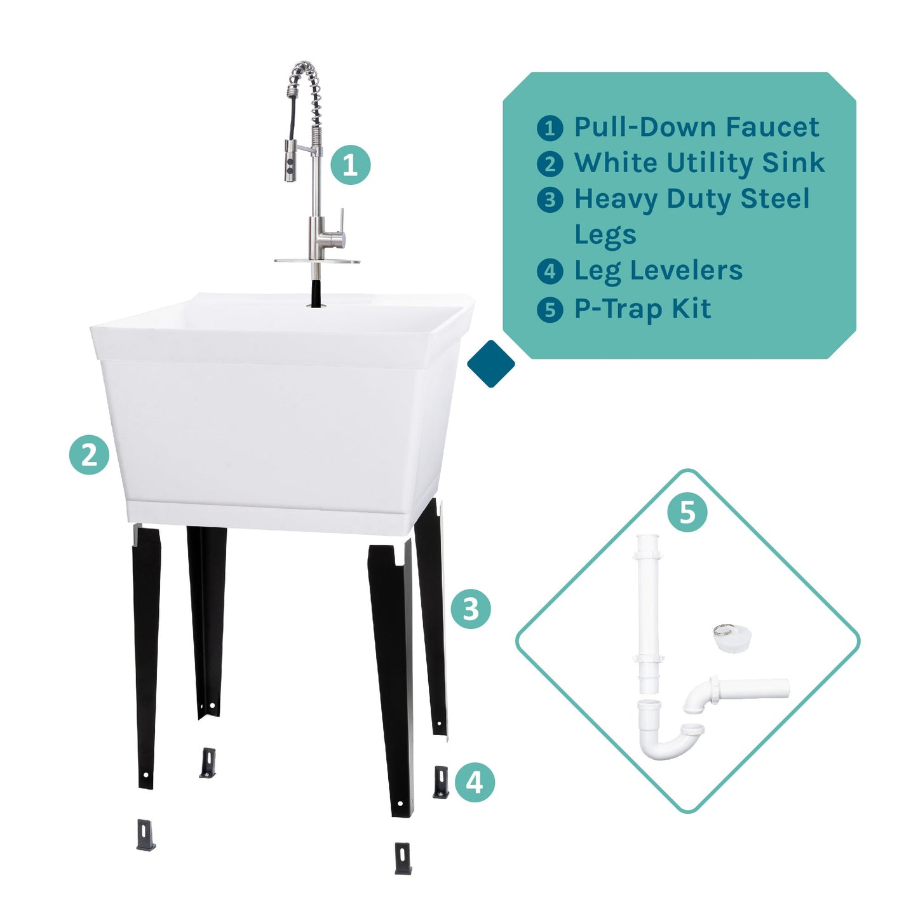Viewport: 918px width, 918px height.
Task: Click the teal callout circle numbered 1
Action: coord(350,165)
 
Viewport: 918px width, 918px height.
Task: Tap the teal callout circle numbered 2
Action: coord(89,455)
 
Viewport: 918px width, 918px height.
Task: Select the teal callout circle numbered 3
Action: coord(471,609)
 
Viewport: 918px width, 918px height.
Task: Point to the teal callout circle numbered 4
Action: coord(475,782)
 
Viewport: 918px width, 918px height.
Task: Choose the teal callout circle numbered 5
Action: coord(687,512)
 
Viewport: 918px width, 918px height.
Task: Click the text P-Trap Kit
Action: coord(642,309)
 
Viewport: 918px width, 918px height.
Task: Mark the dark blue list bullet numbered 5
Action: coord(550,310)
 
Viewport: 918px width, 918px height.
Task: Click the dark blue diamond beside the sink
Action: coord(490,364)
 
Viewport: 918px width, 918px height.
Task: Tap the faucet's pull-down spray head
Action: coord(291,163)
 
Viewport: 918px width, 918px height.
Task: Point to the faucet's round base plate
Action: coord(316,260)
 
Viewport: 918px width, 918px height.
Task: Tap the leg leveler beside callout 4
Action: coord(440,782)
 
